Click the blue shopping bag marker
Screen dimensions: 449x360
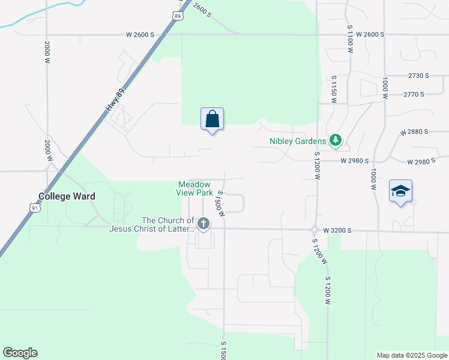click(212, 119)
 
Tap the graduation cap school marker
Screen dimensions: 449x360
click(400, 191)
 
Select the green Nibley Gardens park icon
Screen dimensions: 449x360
click(336, 141)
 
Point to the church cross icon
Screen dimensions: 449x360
click(203, 224)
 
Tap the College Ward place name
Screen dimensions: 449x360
click(67, 196)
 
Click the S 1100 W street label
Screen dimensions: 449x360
click(349, 38)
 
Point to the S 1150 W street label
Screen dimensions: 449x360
click(334, 90)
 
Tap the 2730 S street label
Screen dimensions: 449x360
click(418, 76)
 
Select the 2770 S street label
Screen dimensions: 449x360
click(414, 94)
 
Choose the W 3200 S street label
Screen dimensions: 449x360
click(337, 230)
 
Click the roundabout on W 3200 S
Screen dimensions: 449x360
click(314, 229)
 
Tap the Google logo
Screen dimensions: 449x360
click(20, 353)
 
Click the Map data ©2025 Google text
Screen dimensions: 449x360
click(412, 355)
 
